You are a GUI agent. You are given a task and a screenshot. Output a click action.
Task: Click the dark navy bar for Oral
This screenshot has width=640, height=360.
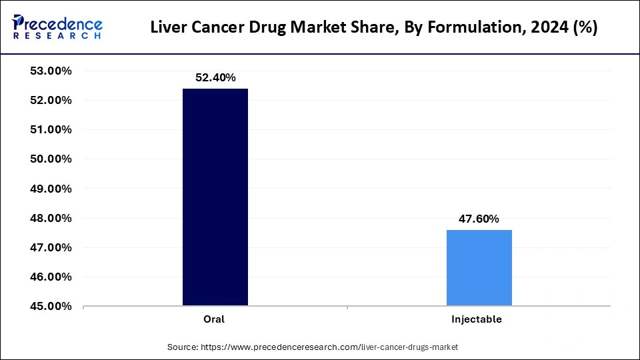pyautogui.click(x=215, y=197)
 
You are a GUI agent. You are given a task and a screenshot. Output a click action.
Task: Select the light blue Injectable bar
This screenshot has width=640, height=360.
pyautogui.click(x=479, y=267)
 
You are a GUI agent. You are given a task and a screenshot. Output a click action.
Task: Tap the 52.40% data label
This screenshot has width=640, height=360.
pyautogui.click(x=215, y=77)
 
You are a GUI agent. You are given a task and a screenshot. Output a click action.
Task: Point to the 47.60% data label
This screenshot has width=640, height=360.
pyautogui.click(x=478, y=219)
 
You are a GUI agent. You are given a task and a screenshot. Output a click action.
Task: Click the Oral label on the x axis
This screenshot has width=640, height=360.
pyautogui.click(x=214, y=319)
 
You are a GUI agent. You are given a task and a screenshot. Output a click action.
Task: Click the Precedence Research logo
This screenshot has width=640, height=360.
pyautogui.click(x=57, y=27)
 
